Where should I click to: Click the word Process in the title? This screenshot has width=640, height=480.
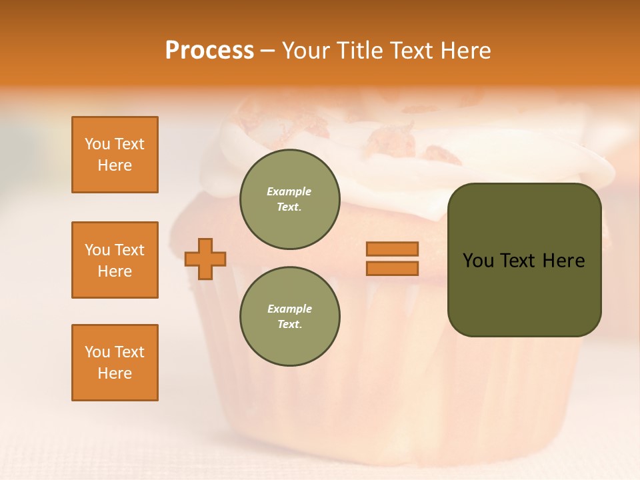point(209,51)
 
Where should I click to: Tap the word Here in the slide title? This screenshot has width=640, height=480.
point(465,51)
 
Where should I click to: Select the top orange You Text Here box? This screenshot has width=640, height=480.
point(115,155)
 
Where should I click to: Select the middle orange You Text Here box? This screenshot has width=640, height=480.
point(115,260)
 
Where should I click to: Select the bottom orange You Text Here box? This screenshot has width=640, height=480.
point(115,363)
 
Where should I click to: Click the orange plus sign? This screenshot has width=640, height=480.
point(205,259)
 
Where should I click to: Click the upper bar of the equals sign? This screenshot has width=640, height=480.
point(392,249)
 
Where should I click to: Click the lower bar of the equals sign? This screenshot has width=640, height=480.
point(392,269)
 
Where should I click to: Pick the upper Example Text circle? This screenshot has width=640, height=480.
point(289,199)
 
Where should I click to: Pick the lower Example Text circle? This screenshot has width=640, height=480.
point(289,316)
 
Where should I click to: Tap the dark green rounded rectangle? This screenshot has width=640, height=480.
point(525,293)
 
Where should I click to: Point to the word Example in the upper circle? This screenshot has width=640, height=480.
point(289,191)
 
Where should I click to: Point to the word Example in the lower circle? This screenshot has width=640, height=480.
point(289,309)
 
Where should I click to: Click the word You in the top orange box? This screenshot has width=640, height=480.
point(97,144)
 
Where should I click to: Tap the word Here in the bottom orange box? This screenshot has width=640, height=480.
point(115,373)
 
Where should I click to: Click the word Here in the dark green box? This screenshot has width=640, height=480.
point(563,261)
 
